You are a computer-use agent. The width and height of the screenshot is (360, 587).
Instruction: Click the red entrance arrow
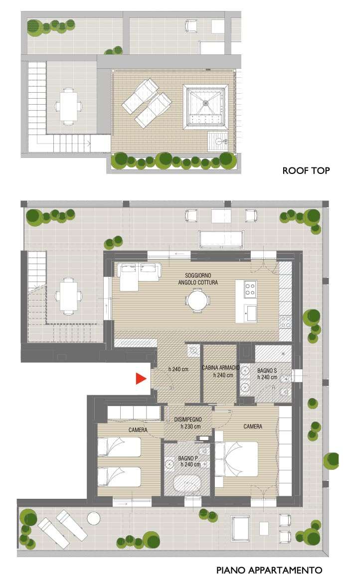pos(140,379)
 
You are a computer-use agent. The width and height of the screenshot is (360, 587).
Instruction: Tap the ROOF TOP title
pos(306,171)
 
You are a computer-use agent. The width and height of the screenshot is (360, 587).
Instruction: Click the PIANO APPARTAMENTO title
pos(269,570)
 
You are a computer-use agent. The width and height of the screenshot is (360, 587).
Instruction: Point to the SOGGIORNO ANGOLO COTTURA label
pos(198,279)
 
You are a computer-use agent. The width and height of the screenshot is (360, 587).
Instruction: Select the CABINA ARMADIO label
pos(221,368)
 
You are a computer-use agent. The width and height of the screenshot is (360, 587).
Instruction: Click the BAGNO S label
pos(267,371)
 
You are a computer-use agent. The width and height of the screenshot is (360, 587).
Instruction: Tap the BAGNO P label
pos(188,458)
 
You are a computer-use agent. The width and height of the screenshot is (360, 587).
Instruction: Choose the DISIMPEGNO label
pos(188,420)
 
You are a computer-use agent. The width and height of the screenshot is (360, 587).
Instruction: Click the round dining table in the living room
pos(198,301)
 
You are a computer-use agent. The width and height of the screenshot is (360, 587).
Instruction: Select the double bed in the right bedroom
pos(236,459)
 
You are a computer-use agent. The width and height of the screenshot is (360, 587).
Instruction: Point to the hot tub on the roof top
pos(205,106)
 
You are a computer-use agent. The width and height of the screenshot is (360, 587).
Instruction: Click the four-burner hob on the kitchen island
pos(250,289)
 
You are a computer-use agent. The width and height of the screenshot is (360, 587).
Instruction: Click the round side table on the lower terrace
pos(94,518)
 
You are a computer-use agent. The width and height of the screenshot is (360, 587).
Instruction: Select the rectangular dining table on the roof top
pos(68,107)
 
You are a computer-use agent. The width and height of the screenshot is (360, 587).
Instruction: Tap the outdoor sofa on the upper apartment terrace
pos(221,240)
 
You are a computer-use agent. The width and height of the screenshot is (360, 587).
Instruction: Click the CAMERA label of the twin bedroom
pos(138,430)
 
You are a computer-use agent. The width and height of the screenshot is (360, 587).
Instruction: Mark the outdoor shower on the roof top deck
pos(218,142)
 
